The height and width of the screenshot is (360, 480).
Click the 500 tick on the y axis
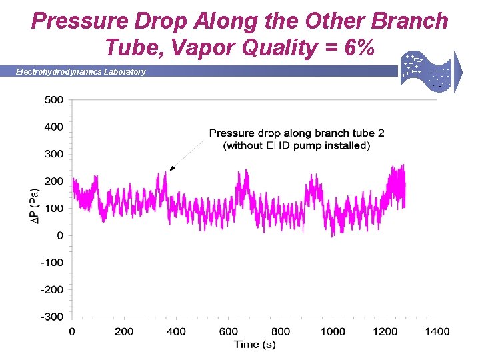pyautogui.click(x=54, y=100)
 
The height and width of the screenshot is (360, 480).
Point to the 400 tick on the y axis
pyautogui.click(x=54, y=127)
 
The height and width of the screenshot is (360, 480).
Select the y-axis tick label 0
pyautogui.click(x=60, y=235)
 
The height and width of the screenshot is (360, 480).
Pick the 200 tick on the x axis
pyautogui.click(x=124, y=331)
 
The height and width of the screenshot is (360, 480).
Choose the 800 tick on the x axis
pyautogui.click(x=281, y=331)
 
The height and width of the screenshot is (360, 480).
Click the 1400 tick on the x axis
pyautogui.click(x=437, y=331)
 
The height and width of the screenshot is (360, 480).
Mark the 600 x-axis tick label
pyautogui.click(x=229, y=331)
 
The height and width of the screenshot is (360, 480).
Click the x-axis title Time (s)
pyautogui.click(x=254, y=344)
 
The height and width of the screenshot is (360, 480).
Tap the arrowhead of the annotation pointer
pyautogui.click(x=171, y=169)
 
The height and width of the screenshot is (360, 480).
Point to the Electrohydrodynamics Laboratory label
pyautogui.click(x=81, y=71)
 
